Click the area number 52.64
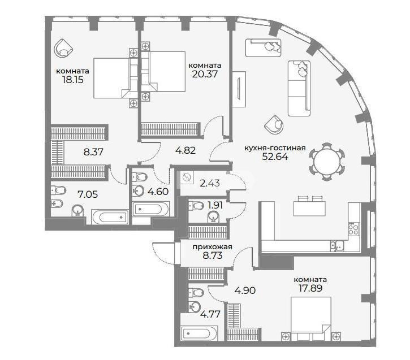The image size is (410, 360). point(275,157)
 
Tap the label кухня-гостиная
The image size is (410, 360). point(275,148)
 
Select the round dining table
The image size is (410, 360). point(327,162)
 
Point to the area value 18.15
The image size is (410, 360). point(73,80)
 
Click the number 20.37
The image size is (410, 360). point(205,74)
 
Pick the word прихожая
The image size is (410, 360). point(212,247)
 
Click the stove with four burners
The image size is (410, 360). point(353,229)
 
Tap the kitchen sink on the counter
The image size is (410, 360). point(337,246)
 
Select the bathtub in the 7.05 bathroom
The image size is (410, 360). point(110,217)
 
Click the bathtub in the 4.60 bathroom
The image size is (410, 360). point(151,209)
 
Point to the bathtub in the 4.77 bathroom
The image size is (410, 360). point(199,333)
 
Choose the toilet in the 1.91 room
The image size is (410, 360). point(196,206)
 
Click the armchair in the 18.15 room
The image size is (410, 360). point(63,49)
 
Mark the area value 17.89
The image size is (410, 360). point(310,288)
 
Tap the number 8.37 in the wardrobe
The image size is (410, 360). point(93,152)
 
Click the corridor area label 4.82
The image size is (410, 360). point(185,150)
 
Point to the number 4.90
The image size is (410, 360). point(245,290)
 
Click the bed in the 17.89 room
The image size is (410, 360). point(311,319)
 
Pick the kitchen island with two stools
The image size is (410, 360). point(309,206)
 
